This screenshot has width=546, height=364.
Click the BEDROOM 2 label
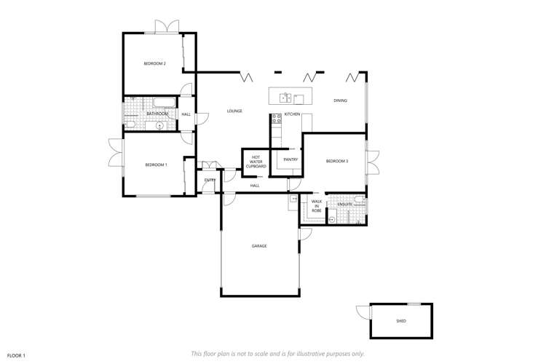pyautogui.click(x=154, y=64)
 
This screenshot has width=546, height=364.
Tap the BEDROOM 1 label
pyautogui.click(x=156, y=165)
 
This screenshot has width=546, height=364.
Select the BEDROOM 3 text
pyautogui.click(x=337, y=161)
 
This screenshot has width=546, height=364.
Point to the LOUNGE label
pyautogui.click(x=234, y=111)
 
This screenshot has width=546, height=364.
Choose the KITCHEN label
pyautogui.click(x=292, y=114)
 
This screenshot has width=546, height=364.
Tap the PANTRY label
pyautogui.click(x=281, y=159)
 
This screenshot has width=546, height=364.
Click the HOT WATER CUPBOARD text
pyautogui.click(x=256, y=162)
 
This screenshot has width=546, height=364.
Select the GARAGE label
pyautogui.click(x=259, y=246)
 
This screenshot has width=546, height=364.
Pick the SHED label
pyautogui.click(x=401, y=321)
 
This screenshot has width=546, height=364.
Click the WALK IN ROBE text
pyautogui.click(x=317, y=206)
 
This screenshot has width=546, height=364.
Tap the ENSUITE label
pyautogui.click(x=344, y=205)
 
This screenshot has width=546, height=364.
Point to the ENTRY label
pyautogui.click(x=210, y=180)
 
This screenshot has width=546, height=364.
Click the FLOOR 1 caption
pyautogui.click(x=17, y=355)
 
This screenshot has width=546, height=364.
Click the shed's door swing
pyautogui.click(x=362, y=312)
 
